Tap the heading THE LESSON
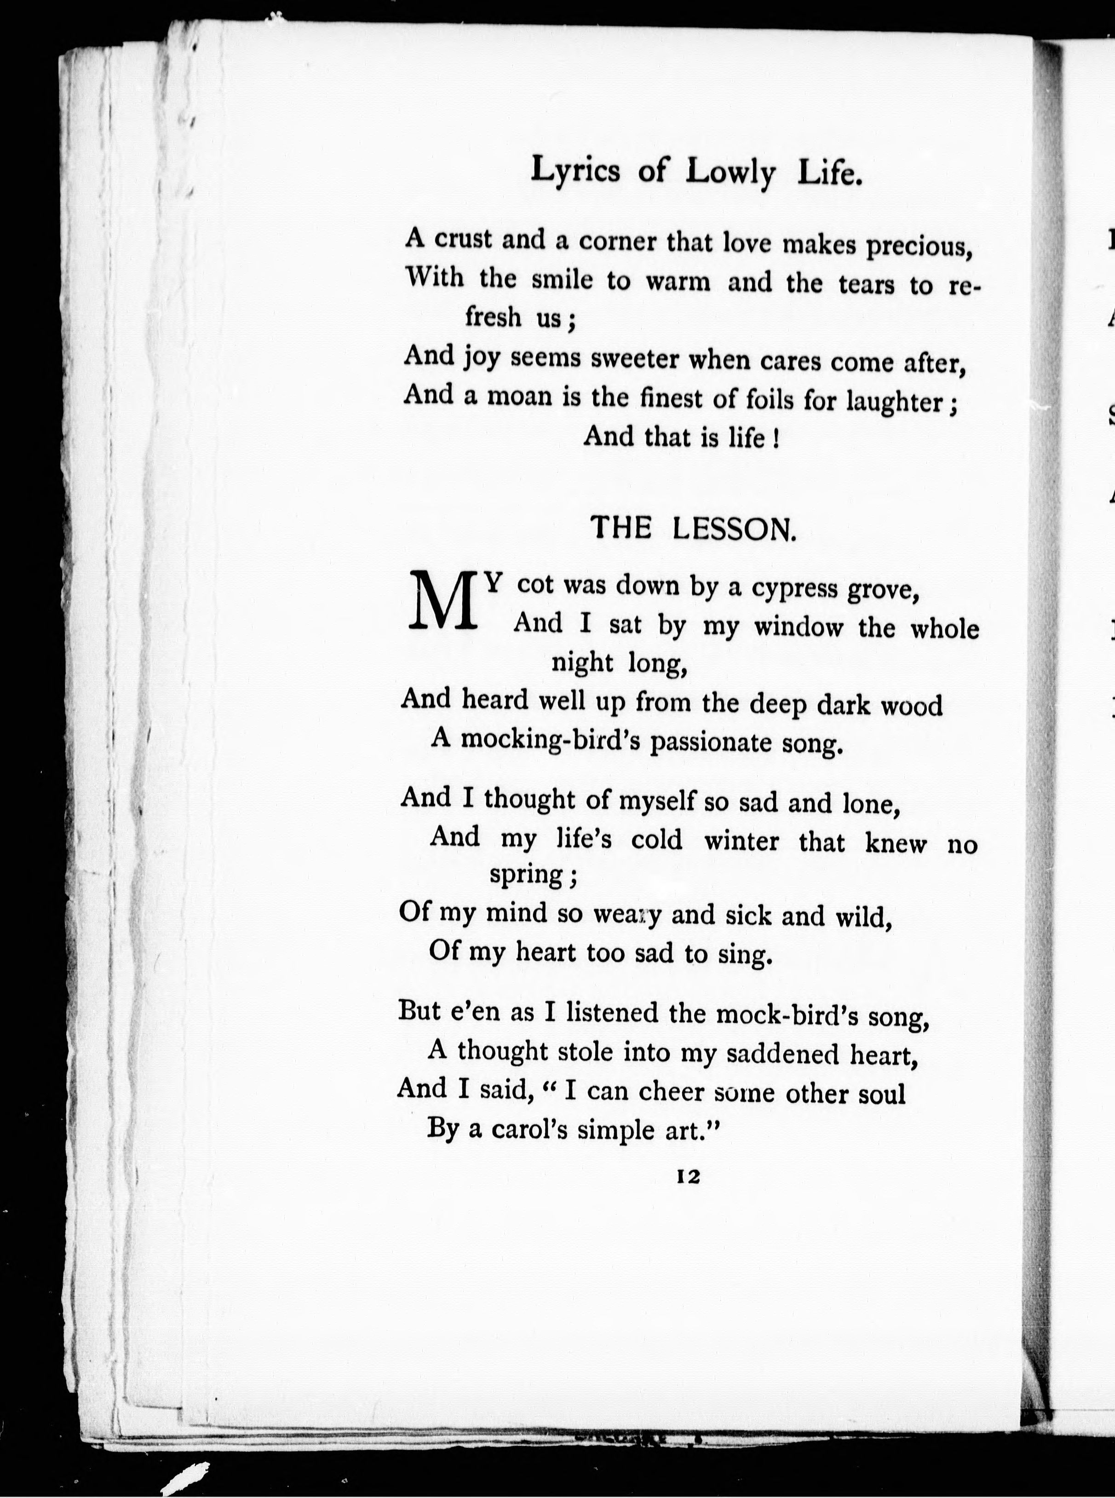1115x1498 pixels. pyautogui.click(x=693, y=529)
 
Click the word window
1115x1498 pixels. pyautogui.click(x=799, y=628)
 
